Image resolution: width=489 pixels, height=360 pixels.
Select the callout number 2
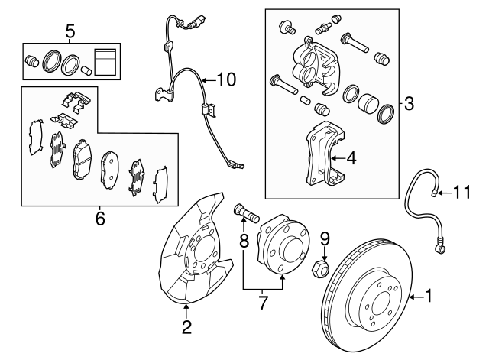click(x=186, y=329)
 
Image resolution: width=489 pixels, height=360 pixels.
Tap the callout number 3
click(x=408, y=104)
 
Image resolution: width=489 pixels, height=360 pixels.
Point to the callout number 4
click(x=351, y=159)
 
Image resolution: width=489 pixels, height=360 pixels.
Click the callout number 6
click(x=99, y=220)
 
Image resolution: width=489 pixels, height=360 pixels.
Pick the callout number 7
click(x=263, y=303)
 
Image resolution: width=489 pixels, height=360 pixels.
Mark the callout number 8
click(x=244, y=242)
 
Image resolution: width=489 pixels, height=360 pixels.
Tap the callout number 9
click(x=323, y=238)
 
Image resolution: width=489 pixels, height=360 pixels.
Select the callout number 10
click(x=227, y=78)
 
